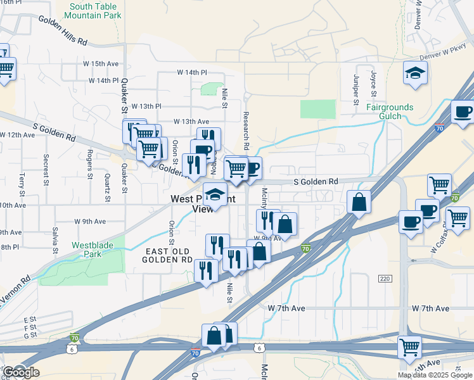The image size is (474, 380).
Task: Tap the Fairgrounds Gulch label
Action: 389,111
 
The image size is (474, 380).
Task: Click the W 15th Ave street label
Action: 101,64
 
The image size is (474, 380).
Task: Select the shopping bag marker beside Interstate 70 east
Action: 359,202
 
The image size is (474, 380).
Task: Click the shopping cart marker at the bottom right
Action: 409,346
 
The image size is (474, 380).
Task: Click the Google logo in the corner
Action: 20,372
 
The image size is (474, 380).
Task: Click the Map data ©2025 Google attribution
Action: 435,375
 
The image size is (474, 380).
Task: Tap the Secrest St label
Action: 46,167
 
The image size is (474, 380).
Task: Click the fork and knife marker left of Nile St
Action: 205,270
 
